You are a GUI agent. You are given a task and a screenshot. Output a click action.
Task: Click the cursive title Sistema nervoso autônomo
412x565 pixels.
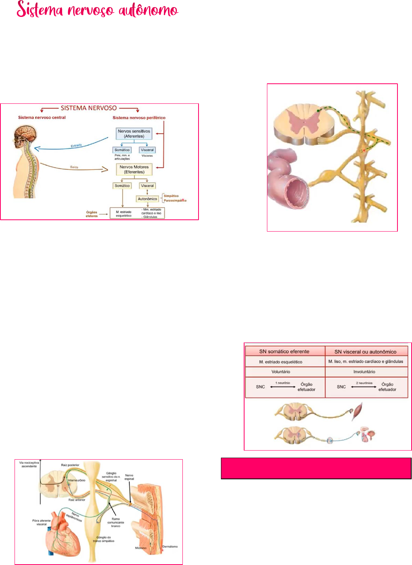(x=97, y=10)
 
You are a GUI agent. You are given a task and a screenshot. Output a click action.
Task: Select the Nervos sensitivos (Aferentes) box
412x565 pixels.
(x=134, y=134)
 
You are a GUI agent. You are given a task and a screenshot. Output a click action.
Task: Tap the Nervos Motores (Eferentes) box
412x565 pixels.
(x=134, y=169)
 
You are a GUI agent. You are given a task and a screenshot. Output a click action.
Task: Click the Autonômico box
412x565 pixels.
(x=147, y=199)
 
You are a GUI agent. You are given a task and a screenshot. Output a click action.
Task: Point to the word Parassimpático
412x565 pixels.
(x=175, y=201)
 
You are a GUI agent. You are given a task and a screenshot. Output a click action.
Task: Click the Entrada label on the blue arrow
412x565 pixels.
(x=76, y=145)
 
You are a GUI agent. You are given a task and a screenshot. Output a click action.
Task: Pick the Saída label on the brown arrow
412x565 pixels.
(x=74, y=167)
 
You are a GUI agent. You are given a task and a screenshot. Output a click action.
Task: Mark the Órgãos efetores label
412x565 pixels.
(x=92, y=214)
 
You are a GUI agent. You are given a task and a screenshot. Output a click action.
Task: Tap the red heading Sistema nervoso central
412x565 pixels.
(x=42, y=118)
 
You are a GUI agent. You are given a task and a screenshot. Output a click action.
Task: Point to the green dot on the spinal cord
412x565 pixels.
(x=318, y=111)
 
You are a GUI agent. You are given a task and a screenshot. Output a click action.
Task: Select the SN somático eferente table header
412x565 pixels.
(x=284, y=352)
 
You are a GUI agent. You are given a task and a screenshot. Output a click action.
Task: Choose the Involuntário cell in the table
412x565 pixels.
(x=364, y=372)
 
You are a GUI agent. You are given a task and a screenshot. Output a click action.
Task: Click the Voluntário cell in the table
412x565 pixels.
(x=281, y=372)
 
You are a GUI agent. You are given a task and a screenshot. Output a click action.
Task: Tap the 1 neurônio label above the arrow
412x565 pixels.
(x=283, y=383)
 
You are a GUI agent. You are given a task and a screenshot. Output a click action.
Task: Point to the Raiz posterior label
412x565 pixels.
(x=70, y=465)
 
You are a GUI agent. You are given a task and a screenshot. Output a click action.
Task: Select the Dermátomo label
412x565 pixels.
(x=170, y=547)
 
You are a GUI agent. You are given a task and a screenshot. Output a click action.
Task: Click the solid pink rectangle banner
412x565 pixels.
(x=316, y=468)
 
